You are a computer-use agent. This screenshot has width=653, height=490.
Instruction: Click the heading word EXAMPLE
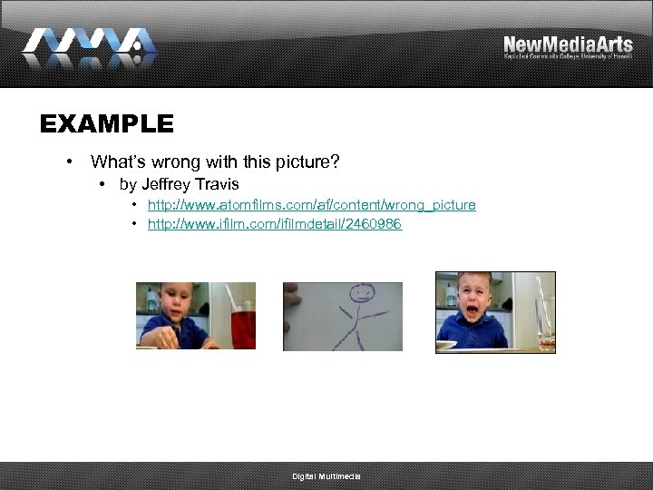(106, 123)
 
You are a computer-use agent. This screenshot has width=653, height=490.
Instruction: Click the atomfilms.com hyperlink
(311, 205)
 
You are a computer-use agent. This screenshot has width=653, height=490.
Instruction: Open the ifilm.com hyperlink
(275, 224)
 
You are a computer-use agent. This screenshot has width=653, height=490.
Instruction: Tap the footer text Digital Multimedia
(326, 476)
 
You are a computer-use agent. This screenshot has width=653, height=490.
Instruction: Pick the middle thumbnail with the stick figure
(343, 316)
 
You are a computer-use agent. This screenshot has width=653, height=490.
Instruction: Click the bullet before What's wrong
(69, 162)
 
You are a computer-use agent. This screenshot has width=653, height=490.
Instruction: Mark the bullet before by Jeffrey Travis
(102, 184)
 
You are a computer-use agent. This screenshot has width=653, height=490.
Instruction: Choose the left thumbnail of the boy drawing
(196, 316)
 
